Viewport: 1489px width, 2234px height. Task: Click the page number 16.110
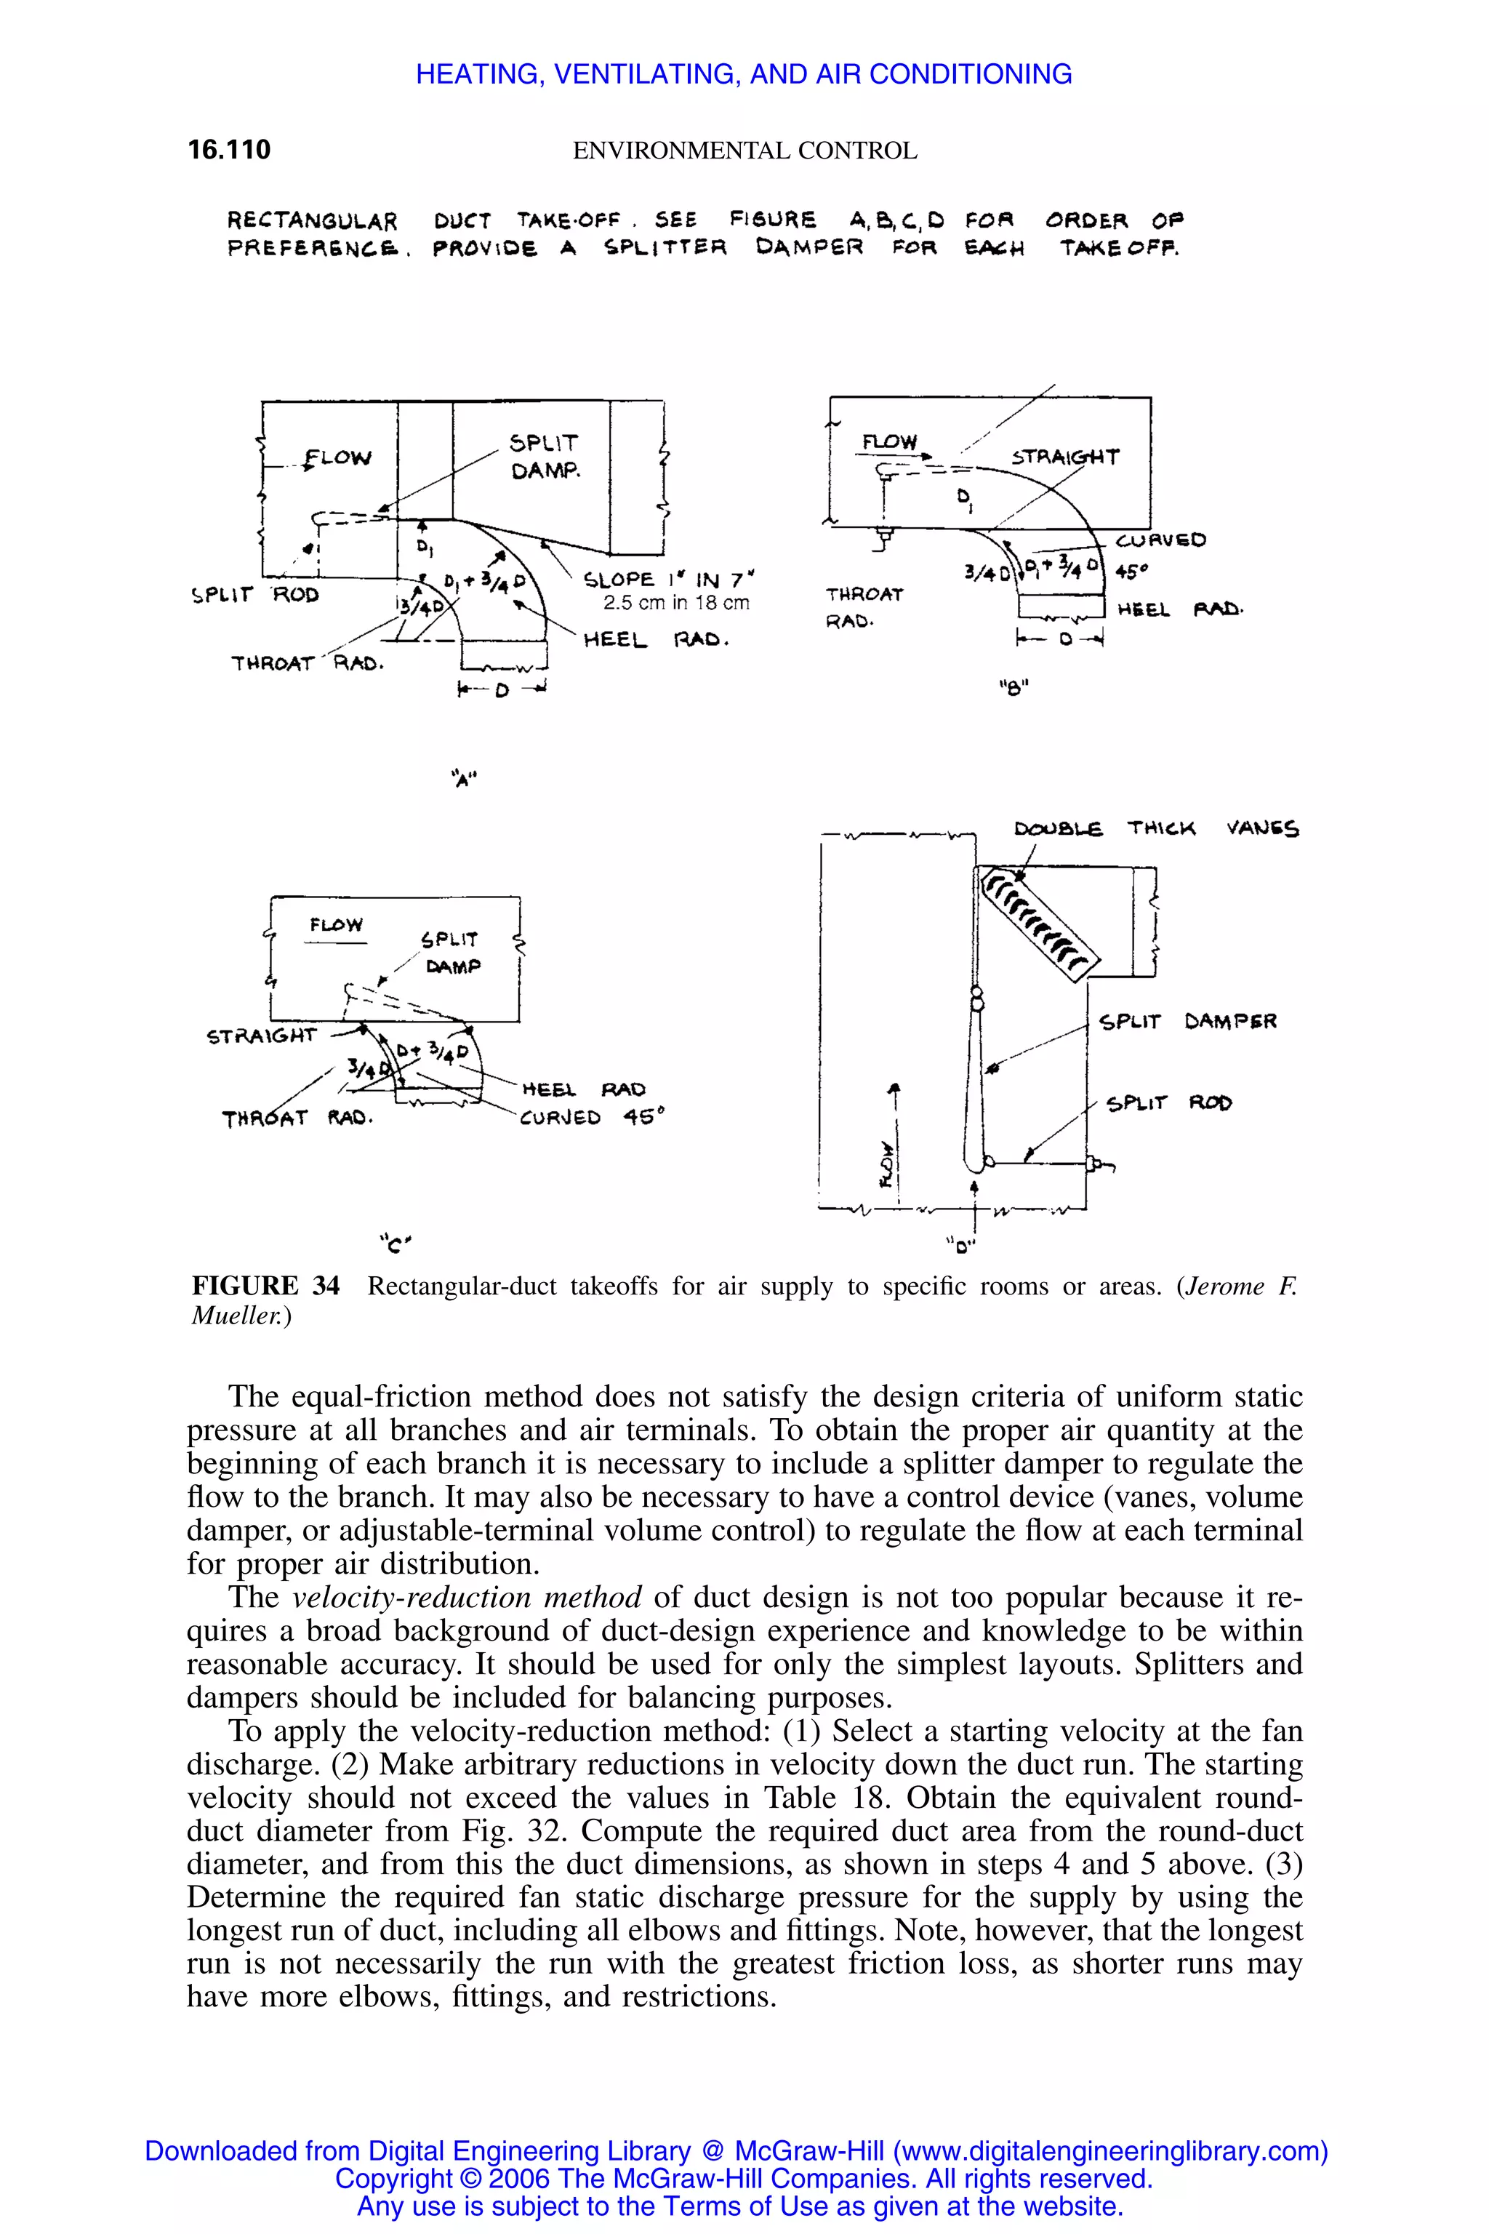[229, 149]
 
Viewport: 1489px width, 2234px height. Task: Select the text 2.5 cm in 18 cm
[676, 603]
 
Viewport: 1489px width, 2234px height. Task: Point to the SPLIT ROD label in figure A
[254, 596]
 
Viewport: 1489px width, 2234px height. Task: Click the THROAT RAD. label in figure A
[307, 663]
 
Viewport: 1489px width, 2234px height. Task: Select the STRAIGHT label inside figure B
[1064, 457]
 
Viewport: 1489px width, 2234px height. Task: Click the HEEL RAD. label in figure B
[1179, 610]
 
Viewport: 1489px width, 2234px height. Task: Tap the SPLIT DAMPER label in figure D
[1187, 1022]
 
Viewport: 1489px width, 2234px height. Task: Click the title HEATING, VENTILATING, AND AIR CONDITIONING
[744, 74]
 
